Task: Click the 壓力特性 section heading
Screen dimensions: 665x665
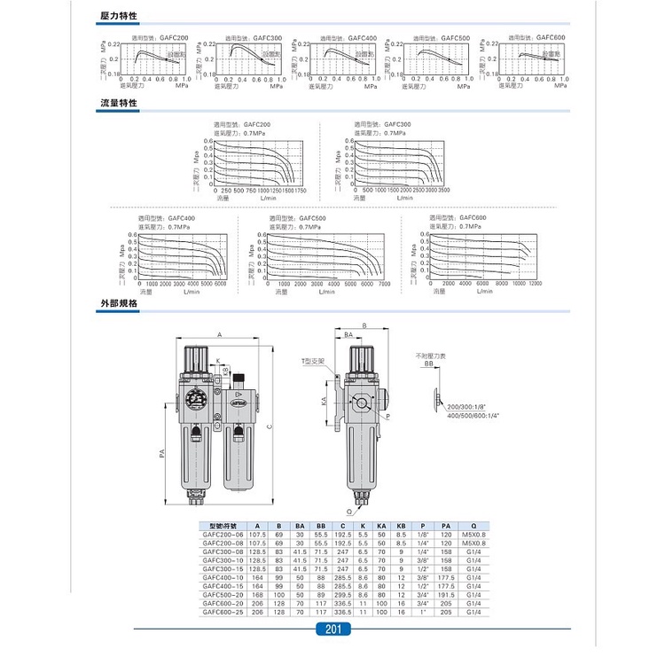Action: pos(121,18)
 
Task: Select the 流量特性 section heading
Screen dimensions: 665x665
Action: pos(121,104)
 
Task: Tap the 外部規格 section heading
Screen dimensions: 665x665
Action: pos(121,304)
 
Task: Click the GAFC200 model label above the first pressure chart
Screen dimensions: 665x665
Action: pos(173,38)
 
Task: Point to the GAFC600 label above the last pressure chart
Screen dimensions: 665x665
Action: pos(550,37)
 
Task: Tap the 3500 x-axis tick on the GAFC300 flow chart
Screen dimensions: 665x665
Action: pos(444,191)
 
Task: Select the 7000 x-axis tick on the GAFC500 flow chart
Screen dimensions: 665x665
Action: pos(384,284)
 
